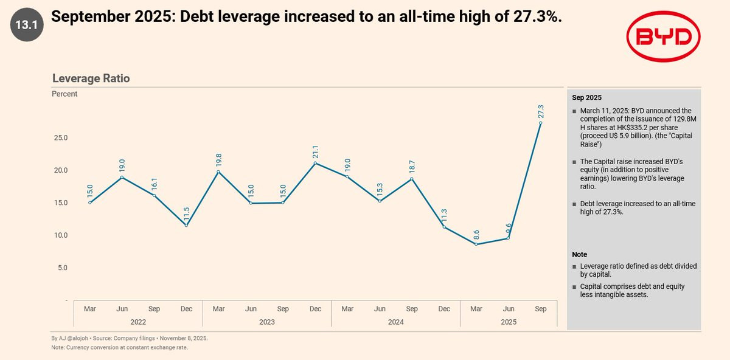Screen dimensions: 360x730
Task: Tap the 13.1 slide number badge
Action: (x=26, y=26)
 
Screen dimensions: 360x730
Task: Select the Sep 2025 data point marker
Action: (x=540, y=123)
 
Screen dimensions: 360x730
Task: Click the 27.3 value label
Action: (x=541, y=111)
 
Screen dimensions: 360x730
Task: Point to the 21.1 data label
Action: (x=315, y=151)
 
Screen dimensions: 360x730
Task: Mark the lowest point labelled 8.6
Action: (x=476, y=244)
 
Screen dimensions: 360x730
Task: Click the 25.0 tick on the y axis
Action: (x=60, y=138)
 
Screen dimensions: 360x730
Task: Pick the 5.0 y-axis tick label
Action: (x=62, y=268)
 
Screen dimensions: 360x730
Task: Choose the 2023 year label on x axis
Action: (x=266, y=322)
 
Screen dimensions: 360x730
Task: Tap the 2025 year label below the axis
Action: (x=508, y=322)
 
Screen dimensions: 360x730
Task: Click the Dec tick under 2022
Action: (x=186, y=309)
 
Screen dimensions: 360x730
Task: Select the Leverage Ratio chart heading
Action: (x=91, y=78)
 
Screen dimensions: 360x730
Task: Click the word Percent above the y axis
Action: (x=64, y=94)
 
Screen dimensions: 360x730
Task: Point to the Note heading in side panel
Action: (x=579, y=254)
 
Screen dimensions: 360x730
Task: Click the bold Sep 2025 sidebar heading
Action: (x=586, y=97)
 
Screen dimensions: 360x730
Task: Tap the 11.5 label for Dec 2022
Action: (x=186, y=214)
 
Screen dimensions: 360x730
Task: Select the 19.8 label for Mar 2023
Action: (x=218, y=160)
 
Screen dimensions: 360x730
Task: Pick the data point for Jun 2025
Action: (x=508, y=238)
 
